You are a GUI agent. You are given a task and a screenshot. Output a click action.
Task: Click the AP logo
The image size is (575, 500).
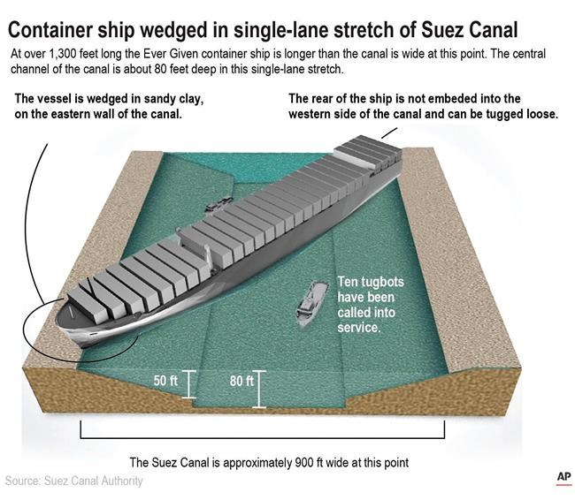pos(563,477)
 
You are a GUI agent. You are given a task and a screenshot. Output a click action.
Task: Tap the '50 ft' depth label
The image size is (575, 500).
pos(165,382)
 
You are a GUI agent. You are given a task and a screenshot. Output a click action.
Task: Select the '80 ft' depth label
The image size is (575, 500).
pos(241,382)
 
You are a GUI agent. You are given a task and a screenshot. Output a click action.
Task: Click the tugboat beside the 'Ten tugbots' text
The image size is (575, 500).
pos(306,306)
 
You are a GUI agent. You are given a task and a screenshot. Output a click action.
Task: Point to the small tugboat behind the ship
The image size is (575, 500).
pos(213,206)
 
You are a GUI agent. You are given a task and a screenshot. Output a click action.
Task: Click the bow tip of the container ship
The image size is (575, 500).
pos(61,312)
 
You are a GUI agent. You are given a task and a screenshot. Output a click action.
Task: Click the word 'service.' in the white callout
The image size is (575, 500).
pos(358,328)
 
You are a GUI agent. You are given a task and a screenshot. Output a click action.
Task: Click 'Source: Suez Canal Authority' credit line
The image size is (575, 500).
pos(73,481)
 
